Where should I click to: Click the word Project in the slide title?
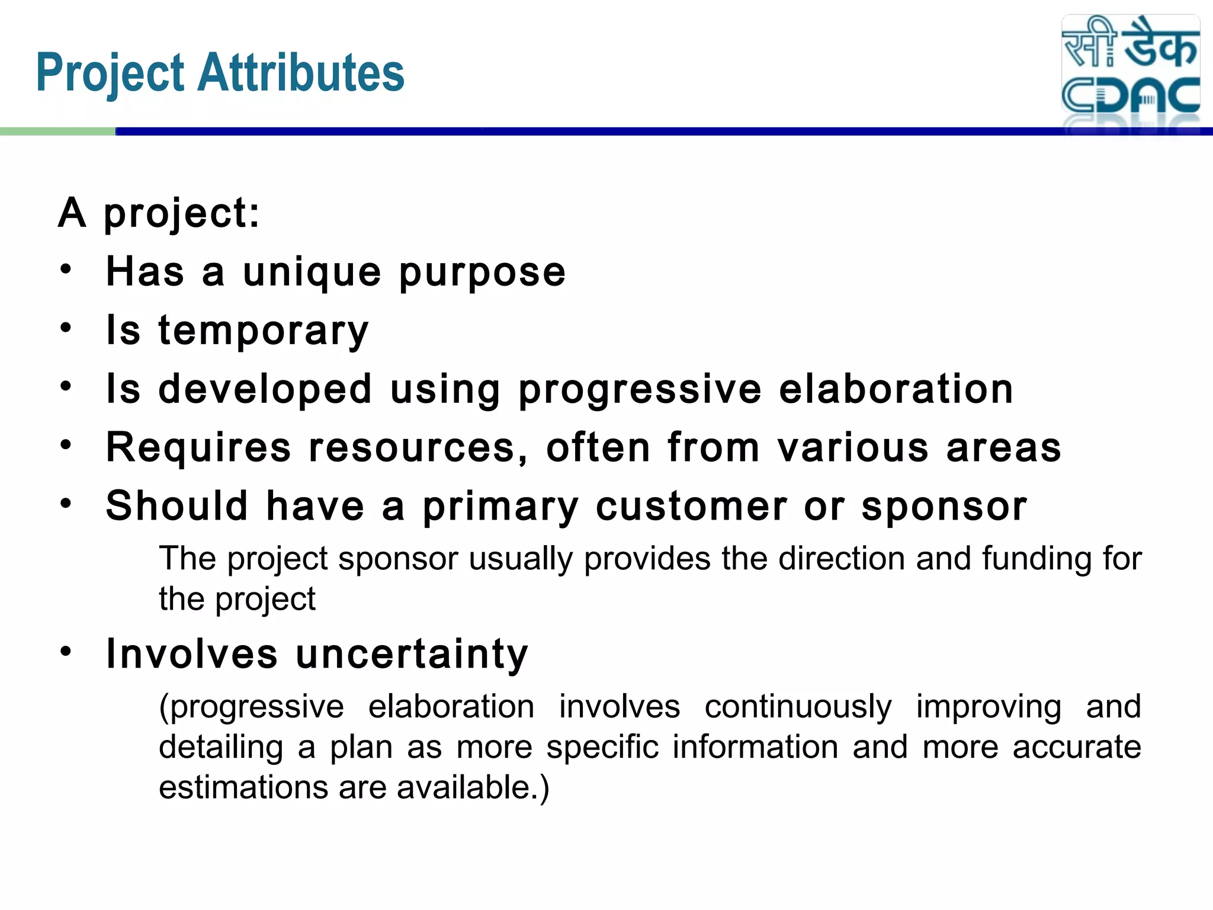(111, 73)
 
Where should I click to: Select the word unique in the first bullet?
(312, 273)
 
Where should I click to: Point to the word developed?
(265, 389)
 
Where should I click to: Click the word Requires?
(198, 447)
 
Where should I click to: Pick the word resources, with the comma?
(418, 448)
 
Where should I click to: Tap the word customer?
(691, 507)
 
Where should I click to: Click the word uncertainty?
(412, 654)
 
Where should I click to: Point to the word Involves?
(192, 654)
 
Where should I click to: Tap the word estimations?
(243, 787)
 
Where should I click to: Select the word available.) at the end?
(473, 787)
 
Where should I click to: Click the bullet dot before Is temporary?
(66, 327)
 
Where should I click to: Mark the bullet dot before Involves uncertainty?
(66, 651)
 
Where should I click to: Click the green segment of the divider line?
(57, 132)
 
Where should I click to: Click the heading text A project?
(159, 213)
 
